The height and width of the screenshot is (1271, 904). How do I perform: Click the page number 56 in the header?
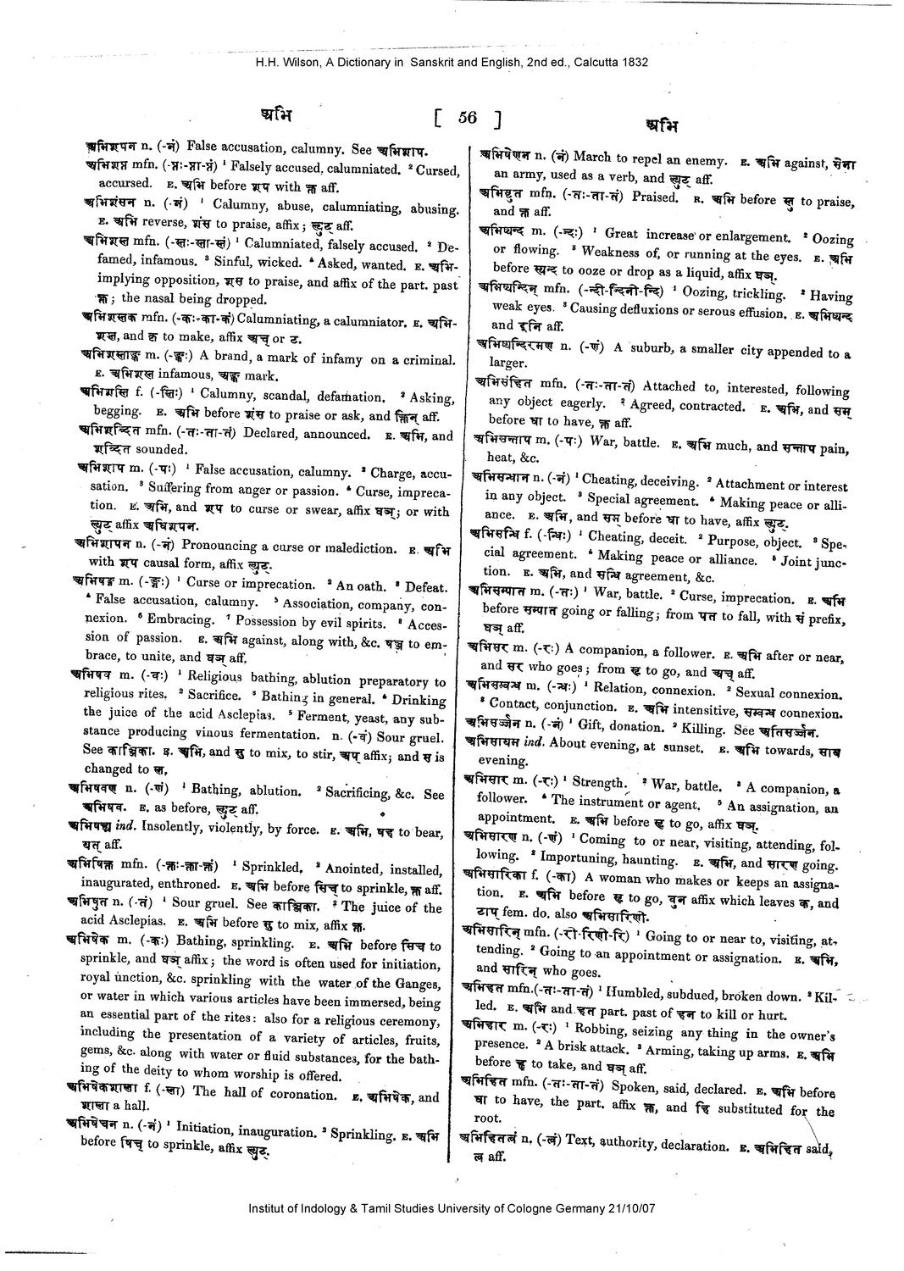467,118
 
